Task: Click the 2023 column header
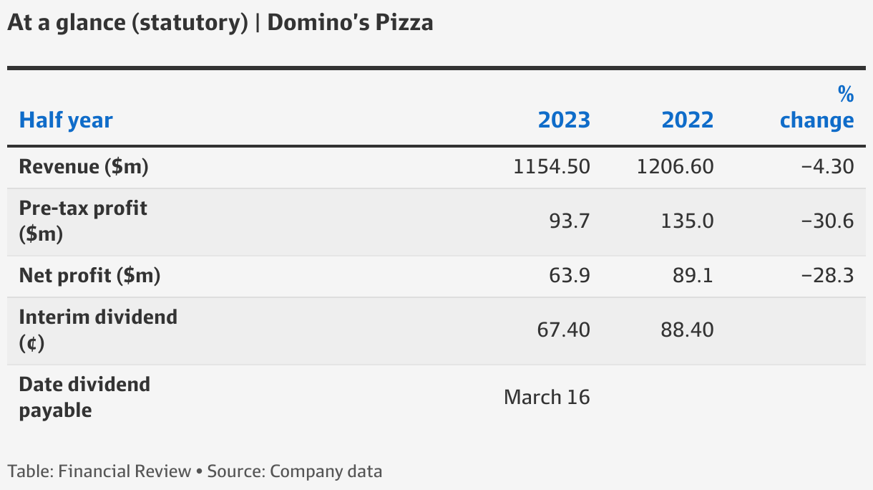tap(564, 120)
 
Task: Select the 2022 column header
tap(687, 120)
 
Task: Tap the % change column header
tap(816, 107)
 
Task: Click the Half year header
tap(66, 120)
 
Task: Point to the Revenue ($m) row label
tap(84, 167)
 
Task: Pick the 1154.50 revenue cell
tap(552, 167)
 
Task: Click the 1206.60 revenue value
tap(675, 167)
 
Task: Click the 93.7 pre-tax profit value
tap(570, 221)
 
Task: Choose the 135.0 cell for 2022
tap(687, 221)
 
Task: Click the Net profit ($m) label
tap(89, 275)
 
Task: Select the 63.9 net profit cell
tap(570, 275)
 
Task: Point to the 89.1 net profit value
tap(693, 275)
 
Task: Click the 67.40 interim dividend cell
tap(563, 330)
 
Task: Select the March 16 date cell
tap(547, 397)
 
